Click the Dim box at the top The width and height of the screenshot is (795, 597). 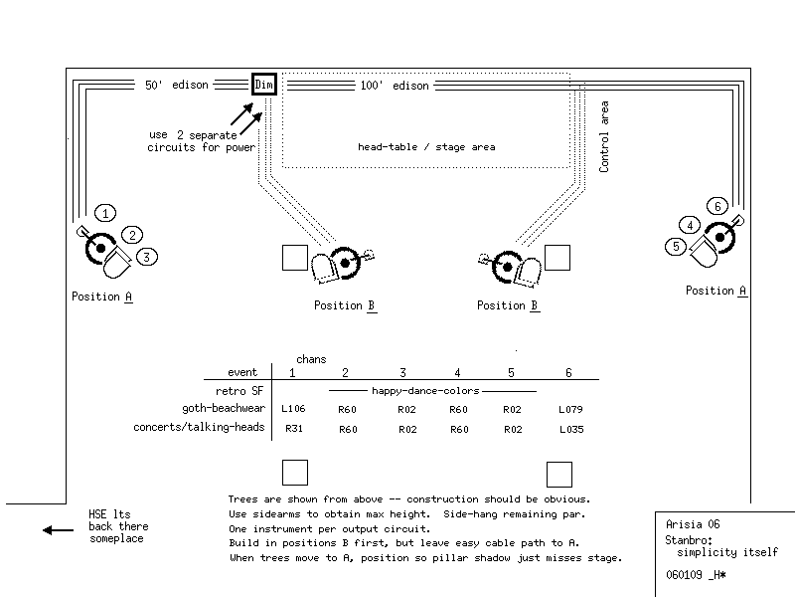coord(263,85)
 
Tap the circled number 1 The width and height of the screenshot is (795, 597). coord(106,212)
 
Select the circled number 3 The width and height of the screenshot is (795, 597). coord(147,257)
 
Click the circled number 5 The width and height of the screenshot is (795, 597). coord(677,246)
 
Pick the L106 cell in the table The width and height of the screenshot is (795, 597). coord(292,409)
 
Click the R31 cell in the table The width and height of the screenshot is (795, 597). coord(292,428)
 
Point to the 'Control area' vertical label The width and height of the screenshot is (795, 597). coord(604,137)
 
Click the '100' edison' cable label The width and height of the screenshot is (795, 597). coord(395,86)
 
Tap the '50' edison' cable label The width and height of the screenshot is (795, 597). coord(177,85)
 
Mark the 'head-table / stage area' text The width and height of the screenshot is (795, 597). coord(426,147)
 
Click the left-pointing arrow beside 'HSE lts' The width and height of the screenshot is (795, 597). coord(58,530)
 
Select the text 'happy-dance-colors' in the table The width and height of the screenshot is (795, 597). coord(425,391)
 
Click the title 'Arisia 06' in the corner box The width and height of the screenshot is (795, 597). coord(694,524)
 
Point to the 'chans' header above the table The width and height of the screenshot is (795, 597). coord(311,358)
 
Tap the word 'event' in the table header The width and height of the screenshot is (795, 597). coord(242,372)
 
